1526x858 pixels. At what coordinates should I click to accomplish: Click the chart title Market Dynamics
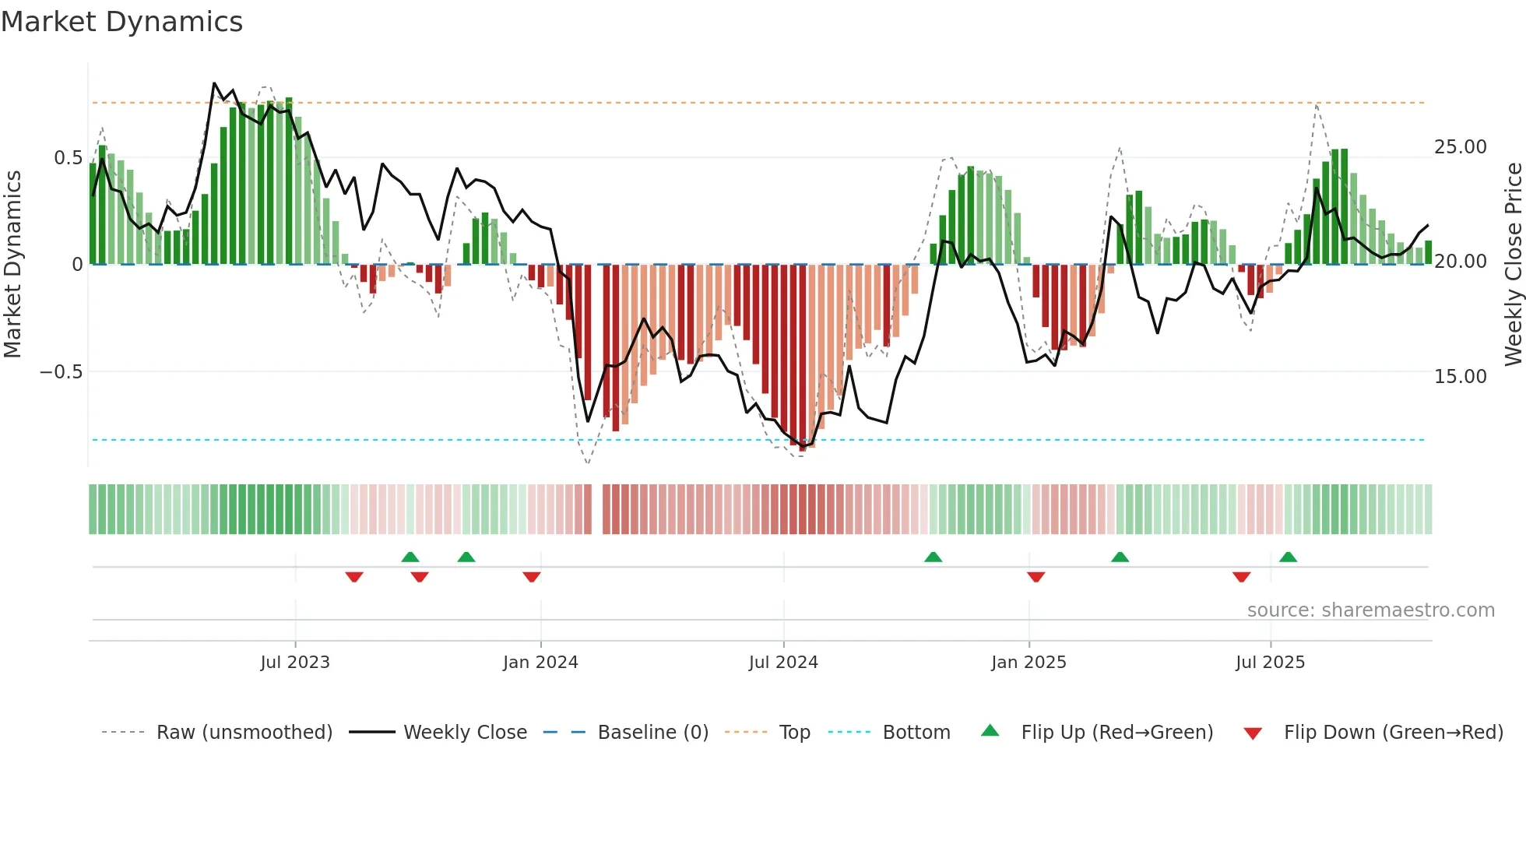tap(122, 22)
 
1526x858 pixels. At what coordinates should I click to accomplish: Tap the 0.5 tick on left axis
tap(68, 158)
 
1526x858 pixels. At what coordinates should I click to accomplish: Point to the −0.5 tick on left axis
tap(61, 372)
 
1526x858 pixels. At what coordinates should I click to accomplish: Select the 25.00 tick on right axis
tap(1460, 147)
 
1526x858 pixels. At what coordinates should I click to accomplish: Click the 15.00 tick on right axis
tap(1460, 377)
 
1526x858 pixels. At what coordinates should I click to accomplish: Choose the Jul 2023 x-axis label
tap(295, 663)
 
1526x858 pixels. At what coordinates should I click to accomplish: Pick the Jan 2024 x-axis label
tap(540, 663)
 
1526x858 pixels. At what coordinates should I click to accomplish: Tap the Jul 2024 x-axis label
tap(783, 663)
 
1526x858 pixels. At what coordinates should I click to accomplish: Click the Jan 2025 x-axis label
tap(1028, 663)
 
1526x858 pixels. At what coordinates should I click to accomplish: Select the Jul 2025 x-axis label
tap(1270, 663)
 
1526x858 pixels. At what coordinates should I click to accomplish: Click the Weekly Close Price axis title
tap(1513, 265)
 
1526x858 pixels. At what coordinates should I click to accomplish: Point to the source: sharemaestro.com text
tap(1370, 610)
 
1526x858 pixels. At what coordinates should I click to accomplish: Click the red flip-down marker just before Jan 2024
tap(532, 577)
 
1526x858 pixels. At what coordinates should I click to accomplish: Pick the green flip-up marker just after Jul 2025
tap(1288, 557)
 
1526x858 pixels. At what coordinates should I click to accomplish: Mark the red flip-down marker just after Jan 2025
tap(1035, 577)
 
